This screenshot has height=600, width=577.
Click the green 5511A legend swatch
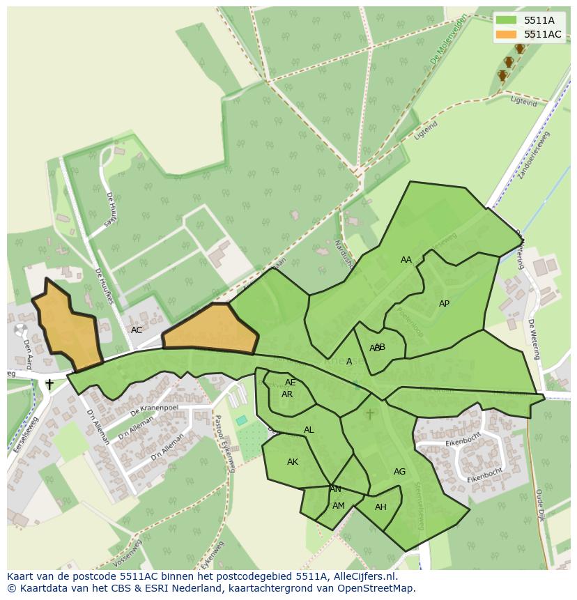506,20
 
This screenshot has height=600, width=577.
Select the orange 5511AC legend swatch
506,34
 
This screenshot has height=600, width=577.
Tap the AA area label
406,260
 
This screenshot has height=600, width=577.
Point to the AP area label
444,304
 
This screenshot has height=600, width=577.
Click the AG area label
399,472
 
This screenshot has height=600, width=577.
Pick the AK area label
293,462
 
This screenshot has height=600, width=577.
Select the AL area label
309,430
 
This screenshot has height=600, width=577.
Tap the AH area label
380,507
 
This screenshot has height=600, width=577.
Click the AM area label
339,506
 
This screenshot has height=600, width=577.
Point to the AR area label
287,394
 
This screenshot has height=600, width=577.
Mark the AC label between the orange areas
137,330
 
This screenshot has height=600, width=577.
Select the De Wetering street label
534,339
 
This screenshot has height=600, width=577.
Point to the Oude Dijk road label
540,506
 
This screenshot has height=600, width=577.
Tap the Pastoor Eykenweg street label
224,444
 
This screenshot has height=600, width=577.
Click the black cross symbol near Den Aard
49,384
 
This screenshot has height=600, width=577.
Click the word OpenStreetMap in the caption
376,588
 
